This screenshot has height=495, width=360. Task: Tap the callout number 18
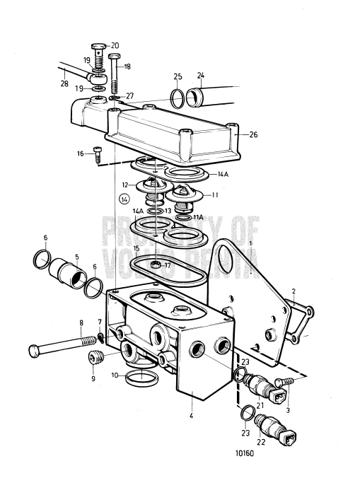(x=127, y=66)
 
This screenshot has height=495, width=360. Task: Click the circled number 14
(x=125, y=200)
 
